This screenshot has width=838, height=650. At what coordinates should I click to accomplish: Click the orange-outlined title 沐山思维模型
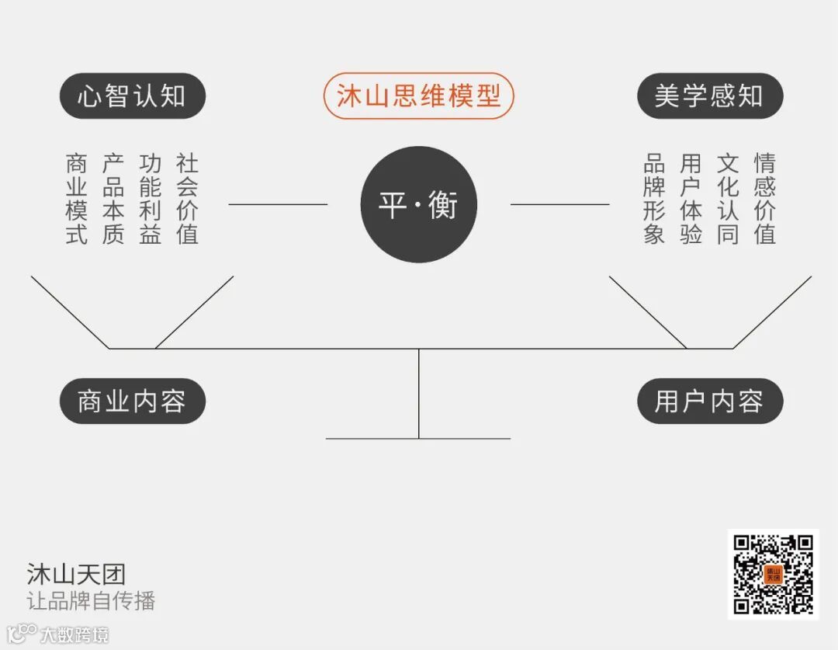[418, 96]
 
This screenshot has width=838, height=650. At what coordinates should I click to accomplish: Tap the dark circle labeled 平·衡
[419, 204]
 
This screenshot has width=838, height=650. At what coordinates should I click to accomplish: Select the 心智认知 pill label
[132, 96]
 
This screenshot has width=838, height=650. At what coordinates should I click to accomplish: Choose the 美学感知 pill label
[709, 96]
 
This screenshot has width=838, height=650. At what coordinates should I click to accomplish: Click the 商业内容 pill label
[132, 401]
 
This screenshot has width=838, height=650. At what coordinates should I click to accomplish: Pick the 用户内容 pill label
[709, 401]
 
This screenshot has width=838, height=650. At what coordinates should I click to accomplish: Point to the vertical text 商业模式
[76, 199]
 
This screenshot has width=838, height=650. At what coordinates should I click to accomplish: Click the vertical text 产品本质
[113, 199]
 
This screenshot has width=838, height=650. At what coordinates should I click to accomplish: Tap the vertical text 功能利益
[151, 199]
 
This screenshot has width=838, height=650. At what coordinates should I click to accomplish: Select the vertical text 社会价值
[187, 199]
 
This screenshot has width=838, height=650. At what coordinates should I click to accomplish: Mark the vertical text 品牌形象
[654, 199]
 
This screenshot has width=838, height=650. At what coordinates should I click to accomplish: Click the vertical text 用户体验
[691, 199]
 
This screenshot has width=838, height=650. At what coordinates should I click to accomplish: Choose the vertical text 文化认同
[728, 199]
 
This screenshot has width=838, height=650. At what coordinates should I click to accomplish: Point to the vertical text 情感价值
[764, 199]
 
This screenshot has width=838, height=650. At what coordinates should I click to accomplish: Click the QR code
[773, 574]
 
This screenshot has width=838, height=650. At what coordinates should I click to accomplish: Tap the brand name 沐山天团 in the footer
[76, 575]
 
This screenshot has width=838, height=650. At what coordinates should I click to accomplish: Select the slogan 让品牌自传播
[91, 600]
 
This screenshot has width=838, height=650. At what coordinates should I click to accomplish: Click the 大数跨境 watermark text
[74, 634]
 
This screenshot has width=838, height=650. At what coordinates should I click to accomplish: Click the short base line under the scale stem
[418, 439]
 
